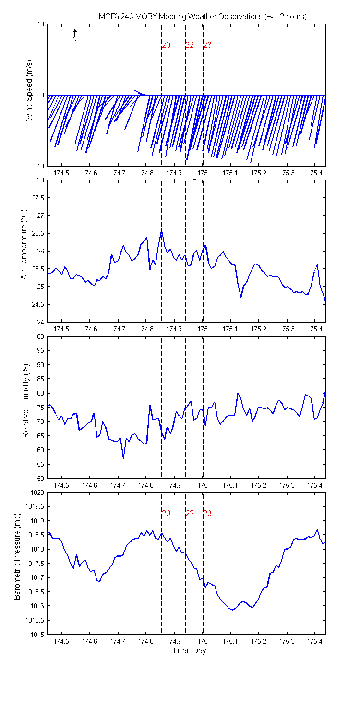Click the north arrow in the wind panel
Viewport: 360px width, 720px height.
click(75, 33)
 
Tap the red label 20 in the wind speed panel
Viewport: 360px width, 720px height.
click(166, 45)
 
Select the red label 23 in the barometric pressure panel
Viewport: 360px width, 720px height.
click(207, 513)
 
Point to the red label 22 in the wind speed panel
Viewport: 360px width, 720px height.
click(190, 45)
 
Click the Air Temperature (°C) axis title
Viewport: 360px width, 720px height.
click(24, 244)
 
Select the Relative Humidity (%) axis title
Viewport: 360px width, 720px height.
click(26, 401)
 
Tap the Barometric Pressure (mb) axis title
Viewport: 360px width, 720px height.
click(17, 556)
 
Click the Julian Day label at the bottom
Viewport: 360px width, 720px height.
click(189, 650)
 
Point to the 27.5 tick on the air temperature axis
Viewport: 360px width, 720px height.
click(38, 198)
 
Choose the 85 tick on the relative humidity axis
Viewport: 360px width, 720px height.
click(40, 379)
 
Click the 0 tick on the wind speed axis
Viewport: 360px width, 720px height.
click(42, 95)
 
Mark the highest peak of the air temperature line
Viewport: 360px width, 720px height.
click(161, 230)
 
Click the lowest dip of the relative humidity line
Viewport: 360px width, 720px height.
click(123, 459)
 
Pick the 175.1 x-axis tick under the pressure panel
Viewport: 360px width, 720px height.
click(230, 641)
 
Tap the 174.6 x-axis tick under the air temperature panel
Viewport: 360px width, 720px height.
click(89, 329)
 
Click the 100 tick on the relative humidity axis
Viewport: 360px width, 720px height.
click(39, 336)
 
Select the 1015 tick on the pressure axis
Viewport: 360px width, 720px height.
click(37, 635)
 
